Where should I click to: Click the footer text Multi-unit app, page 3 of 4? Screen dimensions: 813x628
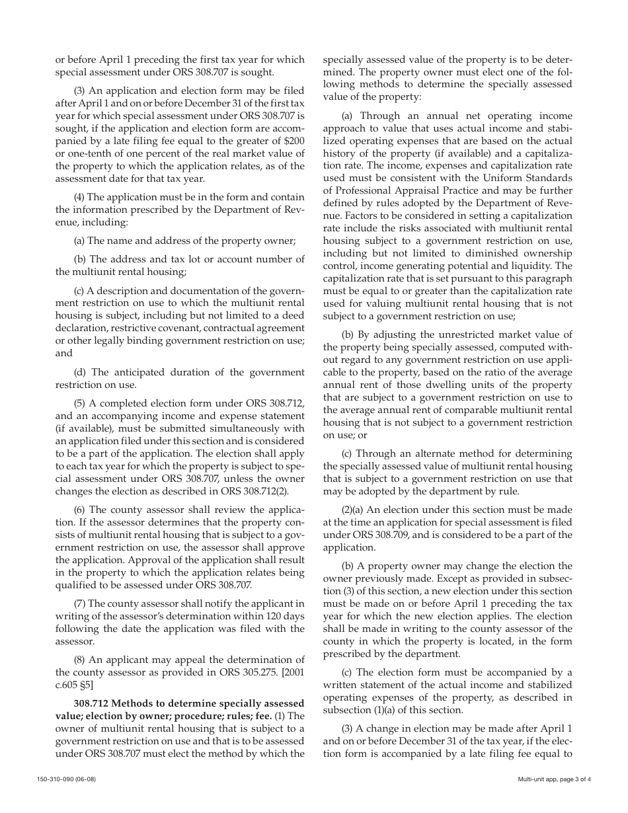click(555, 779)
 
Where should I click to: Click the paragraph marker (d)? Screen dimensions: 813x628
click(81, 372)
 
